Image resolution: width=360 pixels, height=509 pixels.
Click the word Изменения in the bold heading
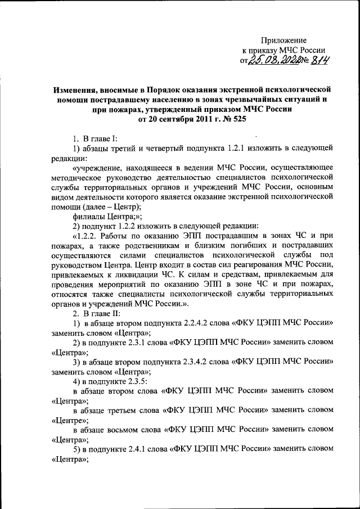pos(75,89)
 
